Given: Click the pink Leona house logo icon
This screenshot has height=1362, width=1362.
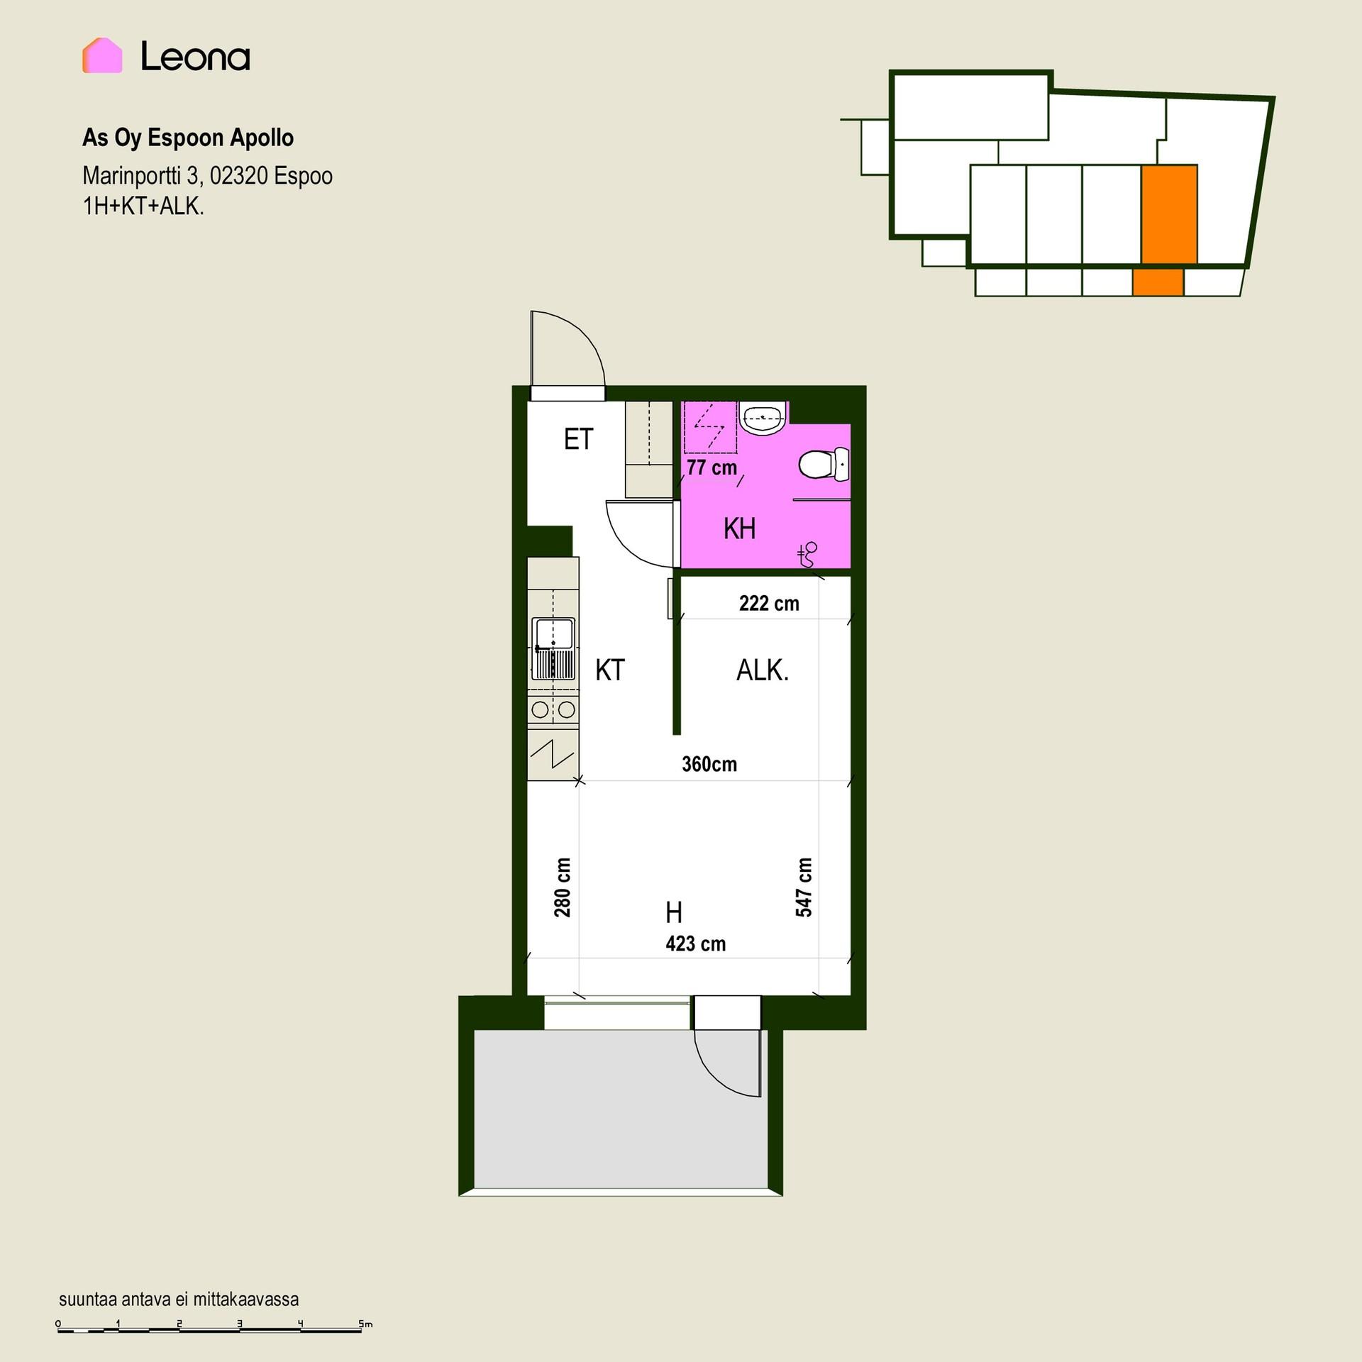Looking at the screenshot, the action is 102,55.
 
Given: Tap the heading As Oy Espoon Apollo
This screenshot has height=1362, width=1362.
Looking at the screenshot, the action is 188,138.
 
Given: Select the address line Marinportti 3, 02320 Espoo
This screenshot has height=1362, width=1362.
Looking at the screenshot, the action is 207,175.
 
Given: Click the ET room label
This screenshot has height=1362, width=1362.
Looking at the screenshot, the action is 578,439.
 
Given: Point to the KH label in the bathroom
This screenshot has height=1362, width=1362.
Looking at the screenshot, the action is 739,528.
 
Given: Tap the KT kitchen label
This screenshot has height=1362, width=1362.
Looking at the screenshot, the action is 610,670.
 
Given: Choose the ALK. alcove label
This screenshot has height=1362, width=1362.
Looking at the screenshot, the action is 763,670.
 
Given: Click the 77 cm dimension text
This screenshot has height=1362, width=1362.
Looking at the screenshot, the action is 712,467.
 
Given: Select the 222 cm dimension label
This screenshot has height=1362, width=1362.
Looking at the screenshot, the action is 769,603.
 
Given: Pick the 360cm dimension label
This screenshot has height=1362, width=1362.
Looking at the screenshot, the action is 709,764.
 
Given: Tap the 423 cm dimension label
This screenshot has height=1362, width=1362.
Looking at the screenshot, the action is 695,943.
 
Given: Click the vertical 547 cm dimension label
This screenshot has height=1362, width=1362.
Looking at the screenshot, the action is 804,887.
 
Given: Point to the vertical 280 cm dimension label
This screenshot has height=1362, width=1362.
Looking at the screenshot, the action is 563,887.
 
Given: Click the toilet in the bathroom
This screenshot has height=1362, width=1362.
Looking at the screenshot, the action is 824,465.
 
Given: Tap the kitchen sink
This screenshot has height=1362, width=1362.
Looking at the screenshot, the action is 554,648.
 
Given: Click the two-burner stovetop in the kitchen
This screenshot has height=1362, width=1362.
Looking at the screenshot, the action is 553,709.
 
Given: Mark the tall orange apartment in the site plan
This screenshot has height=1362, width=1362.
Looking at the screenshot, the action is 1169,214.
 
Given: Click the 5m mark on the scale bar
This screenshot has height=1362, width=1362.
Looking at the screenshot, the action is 365,1324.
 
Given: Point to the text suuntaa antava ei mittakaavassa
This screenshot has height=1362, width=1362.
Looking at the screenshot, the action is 179,1299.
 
